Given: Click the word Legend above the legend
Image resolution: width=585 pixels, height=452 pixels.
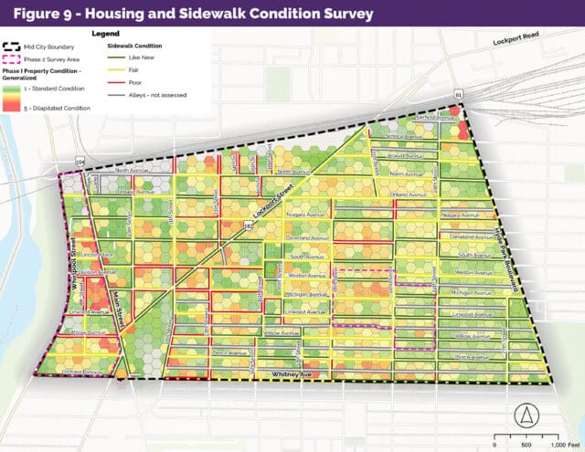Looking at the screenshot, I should point(106,33).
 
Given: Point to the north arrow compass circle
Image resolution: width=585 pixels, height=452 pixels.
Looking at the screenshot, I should point(525,414).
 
